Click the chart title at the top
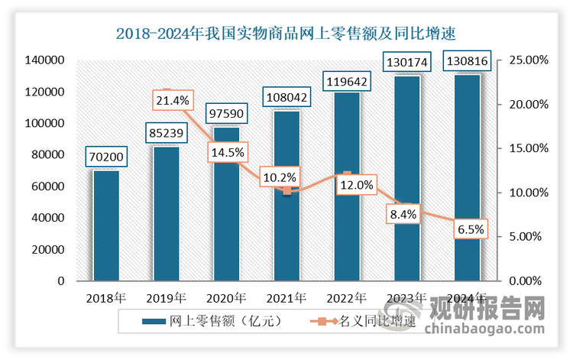tap(286, 34)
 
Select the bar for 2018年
tap(106, 226)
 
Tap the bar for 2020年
tap(227, 204)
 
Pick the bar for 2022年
tap(347, 186)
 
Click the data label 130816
tap(467, 60)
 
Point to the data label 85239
tap(167, 133)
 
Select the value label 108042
tap(286, 97)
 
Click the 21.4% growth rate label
tap(173, 100)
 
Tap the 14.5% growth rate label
tap(228, 152)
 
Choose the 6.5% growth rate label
tap(471, 229)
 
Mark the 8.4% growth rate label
tap(403, 214)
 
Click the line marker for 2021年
tap(286, 191)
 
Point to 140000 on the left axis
tap(44, 60)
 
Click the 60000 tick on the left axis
tap(47, 186)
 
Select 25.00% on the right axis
tap(529, 60)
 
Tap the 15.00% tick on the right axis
tap(529, 148)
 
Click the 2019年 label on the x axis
tap(167, 298)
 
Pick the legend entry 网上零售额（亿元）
tap(212, 321)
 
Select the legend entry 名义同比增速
tap(363, 321)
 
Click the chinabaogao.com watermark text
tap(484, 329)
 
